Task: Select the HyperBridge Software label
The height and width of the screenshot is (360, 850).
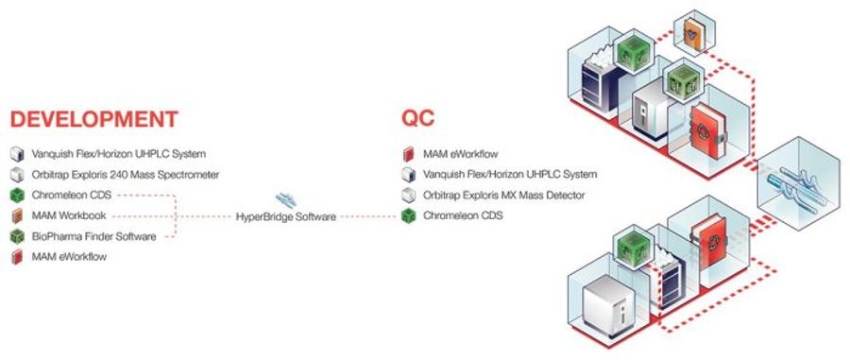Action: [285, 216]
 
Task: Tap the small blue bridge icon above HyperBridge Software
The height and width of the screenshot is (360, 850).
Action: [284, 199]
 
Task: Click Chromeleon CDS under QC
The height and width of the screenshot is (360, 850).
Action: [462, 216]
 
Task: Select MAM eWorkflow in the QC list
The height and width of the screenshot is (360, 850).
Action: [460, 153]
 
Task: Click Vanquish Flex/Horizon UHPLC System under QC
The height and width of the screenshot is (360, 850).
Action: [511, 174]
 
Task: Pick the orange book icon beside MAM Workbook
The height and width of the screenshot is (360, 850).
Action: [16, 215]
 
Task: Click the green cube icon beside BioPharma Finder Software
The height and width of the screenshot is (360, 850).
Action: [16, 236]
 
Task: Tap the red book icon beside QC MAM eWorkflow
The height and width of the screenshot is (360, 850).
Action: [406, 153]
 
